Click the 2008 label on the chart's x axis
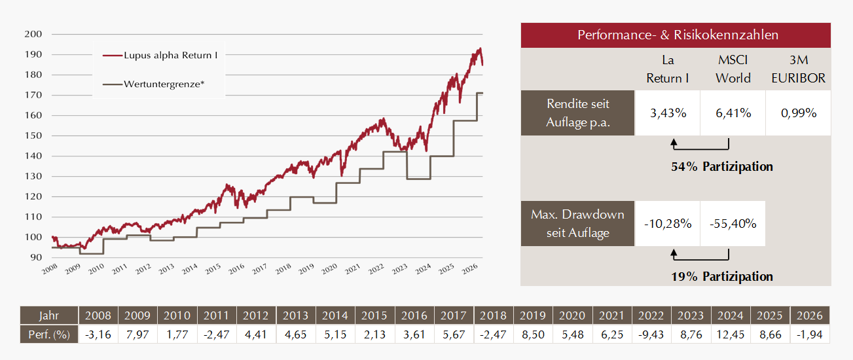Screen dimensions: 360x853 point(50,269)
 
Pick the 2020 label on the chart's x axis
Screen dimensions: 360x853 point(329,269)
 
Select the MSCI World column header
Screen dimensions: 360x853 point(733,69)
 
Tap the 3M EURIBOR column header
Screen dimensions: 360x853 point(797,69)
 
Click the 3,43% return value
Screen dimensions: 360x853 point(668,113)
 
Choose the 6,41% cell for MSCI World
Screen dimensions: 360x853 point(733,113)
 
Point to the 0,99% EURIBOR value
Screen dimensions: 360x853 point(797,113)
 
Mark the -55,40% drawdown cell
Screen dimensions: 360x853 point(733,224)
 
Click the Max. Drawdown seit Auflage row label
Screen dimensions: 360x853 point(577,224)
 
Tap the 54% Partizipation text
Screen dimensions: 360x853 point(721,166)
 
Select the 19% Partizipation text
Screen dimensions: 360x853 point(721,276)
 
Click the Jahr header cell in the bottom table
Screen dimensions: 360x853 point(49,315)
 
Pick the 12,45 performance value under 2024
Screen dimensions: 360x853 point(731,334)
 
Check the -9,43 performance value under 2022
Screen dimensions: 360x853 point(651,334)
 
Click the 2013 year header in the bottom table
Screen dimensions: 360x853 point(296,315)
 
